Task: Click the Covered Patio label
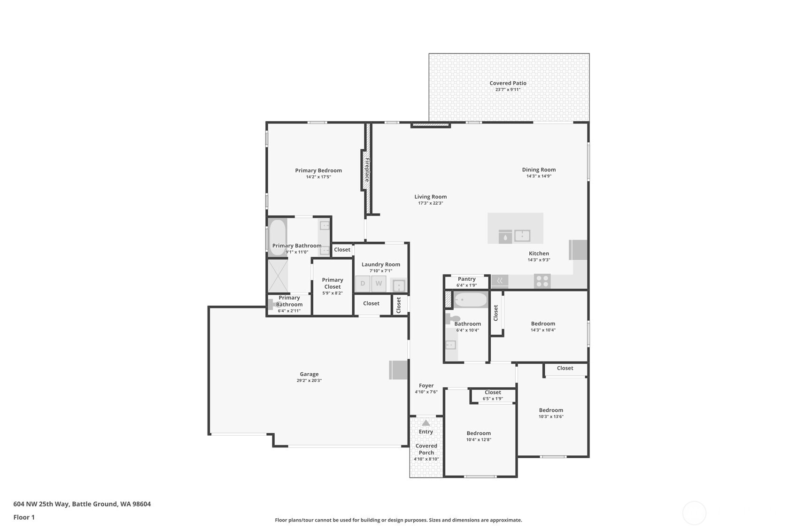(508, 83)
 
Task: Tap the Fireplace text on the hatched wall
(367, 170)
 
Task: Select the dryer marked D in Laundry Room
(363, 284)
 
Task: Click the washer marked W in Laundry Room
(379, 284)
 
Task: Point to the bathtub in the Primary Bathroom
(278, 237)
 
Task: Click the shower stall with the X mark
(278, 276)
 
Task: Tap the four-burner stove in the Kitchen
(542, 281)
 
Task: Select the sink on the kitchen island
(522, 235)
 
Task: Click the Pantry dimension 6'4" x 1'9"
(466, 285)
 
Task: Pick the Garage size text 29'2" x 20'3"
(309, 381)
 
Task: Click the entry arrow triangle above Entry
(426, 423)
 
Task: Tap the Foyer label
(426, 385)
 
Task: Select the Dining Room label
(539, 169)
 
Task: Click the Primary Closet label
(332, 283)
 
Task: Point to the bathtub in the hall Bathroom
(471, 300)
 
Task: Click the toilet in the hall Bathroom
(452, 318)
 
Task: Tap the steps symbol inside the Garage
(398, 370)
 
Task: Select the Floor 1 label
(24, 517)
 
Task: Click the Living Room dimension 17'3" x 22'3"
(430, 203)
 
